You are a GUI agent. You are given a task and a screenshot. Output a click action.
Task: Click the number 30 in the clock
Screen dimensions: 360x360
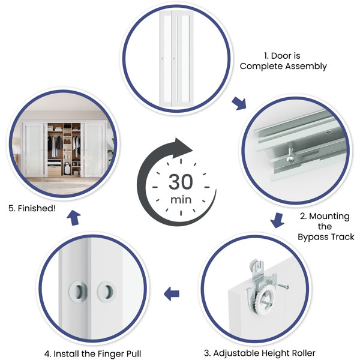click(181, 182)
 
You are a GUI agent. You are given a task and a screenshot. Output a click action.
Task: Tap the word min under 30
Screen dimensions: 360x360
click(181, 200)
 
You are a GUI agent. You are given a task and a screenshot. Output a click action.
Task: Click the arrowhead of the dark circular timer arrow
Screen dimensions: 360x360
click(182, 148)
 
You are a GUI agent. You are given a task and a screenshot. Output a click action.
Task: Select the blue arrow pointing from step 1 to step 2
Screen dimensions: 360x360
click(239, 103)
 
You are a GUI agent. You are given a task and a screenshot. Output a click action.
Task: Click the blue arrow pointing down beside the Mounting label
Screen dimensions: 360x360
click(278, 220)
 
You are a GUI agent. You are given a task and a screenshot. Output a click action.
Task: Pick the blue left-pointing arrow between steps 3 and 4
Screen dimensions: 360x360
click(171, 293)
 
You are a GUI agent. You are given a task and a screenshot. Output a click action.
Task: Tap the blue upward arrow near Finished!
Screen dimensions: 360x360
click(74, 218)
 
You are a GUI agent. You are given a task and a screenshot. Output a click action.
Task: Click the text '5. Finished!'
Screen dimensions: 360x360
click(32, 208)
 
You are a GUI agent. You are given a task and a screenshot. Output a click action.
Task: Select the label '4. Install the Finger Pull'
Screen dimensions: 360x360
click(92, 354)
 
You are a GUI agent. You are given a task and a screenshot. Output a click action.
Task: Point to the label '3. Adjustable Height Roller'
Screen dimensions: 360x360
click(260, 353)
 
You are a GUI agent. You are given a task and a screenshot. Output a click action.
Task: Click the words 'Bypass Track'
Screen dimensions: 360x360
click(326, 237)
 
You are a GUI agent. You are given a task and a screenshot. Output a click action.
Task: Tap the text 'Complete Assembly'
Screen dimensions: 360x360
click(283, 66)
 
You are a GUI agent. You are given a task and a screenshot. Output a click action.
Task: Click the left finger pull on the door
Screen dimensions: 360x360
click(78, 292)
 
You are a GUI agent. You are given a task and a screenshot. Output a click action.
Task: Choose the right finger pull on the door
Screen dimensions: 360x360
click(107, 292)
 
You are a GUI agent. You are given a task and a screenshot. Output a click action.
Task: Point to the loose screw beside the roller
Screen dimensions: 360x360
click(283, 286)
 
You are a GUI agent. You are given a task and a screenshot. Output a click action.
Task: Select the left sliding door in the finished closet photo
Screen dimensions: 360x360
click(34, 149)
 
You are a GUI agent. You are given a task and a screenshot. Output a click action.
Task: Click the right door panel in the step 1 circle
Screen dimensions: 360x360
click(182, 59)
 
